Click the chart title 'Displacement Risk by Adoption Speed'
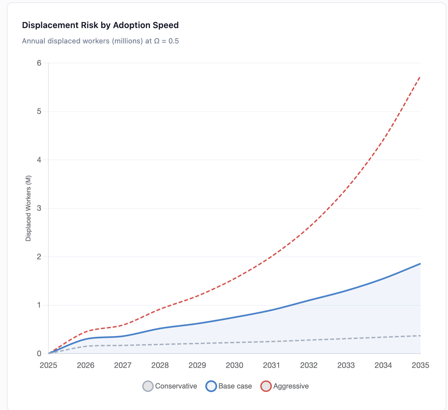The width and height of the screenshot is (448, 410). [100, 25]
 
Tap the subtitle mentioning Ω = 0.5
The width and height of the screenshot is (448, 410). [100, 41]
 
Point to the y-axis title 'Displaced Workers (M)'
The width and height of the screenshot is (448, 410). [28, 208]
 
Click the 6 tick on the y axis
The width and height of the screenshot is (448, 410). [39, 63]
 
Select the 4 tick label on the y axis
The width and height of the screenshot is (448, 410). [39, 160]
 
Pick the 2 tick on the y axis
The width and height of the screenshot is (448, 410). [39, 257]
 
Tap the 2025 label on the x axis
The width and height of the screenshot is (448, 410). [48, 365]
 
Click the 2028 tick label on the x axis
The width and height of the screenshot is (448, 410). [160, 365]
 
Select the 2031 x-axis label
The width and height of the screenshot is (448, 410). [271, 365]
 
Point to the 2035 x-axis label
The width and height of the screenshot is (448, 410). [420, 365]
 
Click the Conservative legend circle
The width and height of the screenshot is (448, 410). [148, 386]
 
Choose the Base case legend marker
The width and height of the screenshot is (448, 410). [211, 386]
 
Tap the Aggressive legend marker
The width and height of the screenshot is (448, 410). [266, 386]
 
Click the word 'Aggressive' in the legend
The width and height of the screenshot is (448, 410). [291, 386]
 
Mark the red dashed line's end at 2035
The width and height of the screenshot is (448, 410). [420, 76]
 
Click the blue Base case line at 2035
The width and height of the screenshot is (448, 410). [420, 263]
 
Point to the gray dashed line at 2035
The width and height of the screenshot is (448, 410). [420, 336]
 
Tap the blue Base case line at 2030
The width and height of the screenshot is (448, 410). [234, 318]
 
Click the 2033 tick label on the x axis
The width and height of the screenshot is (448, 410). [346, 365]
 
